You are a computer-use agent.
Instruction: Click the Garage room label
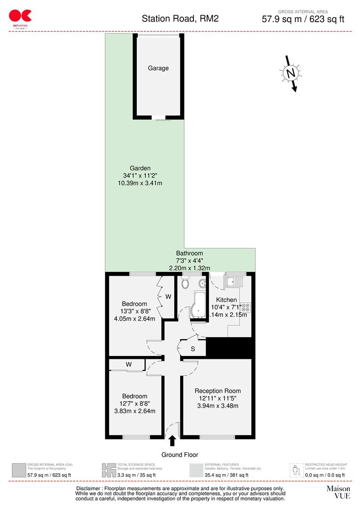click(x=158, y=68)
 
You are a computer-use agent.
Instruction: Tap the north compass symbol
click(x=291, y=73)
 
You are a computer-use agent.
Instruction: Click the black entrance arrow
click(x=172, y=441)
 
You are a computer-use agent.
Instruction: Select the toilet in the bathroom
click(x=185, y=283)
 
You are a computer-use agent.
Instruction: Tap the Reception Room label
click(x=218, y=391)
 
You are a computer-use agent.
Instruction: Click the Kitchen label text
click(x=226, y=300)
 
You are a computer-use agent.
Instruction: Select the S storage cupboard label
click(x=193, y=349)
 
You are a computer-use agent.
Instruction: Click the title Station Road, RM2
click(x=180, y=19)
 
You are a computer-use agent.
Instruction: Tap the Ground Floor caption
click(x=180, y=455)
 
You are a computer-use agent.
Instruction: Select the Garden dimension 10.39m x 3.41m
click(x=140, y=183)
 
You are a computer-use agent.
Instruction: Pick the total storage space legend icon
click(x=109, y=470)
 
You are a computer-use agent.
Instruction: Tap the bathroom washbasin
click(x=201, y=283)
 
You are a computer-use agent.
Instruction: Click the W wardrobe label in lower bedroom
click(x=128, y=364)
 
